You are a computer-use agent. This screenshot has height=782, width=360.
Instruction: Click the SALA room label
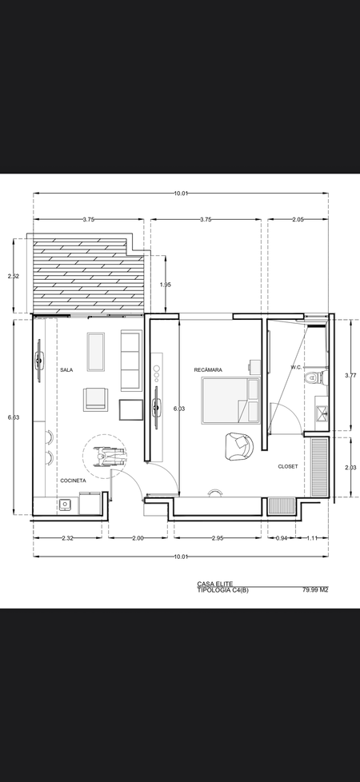(x=66, y=370)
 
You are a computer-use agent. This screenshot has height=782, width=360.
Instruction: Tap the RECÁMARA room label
(x=208, y=370)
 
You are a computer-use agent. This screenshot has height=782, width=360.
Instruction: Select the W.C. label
(x=296, y=368)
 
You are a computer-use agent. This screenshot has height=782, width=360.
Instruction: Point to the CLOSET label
(x=288, y=467)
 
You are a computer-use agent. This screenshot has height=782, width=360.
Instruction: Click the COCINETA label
(x=74, y=481)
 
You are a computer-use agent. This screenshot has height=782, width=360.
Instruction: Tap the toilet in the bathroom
(x=311, y=377)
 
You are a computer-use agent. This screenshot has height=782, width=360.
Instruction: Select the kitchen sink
(x=66, y=505)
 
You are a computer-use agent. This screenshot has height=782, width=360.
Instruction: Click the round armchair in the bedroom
(x=240, y=446)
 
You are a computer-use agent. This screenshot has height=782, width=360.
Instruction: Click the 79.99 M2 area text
(x=315, y=590)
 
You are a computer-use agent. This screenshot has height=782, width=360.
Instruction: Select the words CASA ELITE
(x=214, y=584)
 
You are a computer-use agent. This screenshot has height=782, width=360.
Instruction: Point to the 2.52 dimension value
(x=14, y=276)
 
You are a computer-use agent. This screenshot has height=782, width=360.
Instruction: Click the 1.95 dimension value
(x=166, y=285)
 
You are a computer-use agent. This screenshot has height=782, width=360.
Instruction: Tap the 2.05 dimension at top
(x=298, y=219)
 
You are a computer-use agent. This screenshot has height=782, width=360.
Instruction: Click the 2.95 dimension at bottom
(x=218, y=538)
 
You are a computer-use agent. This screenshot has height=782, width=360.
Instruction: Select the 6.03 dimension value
(x=178, y=409)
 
